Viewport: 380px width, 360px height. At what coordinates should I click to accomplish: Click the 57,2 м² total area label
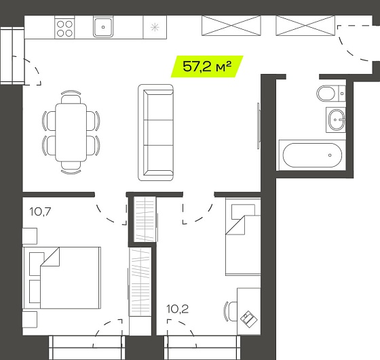click(x=207, y=66)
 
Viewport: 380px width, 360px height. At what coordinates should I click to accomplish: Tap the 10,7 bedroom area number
click(x=40, y=212)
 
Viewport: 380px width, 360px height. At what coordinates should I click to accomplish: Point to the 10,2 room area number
click(x=177, y=309)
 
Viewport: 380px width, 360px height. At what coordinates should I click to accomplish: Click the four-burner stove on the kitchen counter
click(x=64, y=28)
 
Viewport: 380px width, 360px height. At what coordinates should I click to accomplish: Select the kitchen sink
click(x=103, y=27)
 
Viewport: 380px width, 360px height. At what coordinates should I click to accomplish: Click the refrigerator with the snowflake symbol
click(x=155, y=27)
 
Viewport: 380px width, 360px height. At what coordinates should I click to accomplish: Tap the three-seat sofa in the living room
click(x=156, y=132)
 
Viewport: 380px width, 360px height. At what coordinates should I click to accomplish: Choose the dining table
click(x=71, y=132)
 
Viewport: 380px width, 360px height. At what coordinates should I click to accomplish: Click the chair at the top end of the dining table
click(x=71, y=98)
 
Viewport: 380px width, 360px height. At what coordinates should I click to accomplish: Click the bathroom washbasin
click(x=336, y=120)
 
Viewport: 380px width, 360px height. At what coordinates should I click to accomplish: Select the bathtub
click(x=312, y=155)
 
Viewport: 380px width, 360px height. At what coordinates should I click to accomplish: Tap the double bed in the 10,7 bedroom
click(x=62, y=278)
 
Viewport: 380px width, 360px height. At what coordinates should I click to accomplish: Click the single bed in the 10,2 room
click(x=243, y=237)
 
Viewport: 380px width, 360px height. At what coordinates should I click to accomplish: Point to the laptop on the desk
click(x=249, y=319)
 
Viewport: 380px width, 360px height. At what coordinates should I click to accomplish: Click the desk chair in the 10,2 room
click(x=231, y=311)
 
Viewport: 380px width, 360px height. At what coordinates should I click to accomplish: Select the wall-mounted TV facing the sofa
click(x=259, y=126)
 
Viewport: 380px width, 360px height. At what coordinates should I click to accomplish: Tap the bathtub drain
click(x=330, y=155)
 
